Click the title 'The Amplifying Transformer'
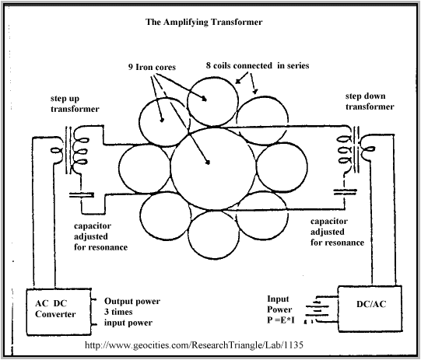click(204, 22)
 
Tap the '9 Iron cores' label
click(152, 67)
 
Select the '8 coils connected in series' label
click(258, 65)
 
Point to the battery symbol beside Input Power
click(317, 309)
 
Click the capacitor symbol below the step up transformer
click(82, 194)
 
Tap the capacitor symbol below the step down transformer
click(345, 191)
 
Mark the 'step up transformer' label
click(75, 104)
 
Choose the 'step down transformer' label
click(370, 101)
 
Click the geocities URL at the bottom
click(194, 344)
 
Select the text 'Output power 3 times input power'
click(132, 312)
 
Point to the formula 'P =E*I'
click(281, 320)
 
